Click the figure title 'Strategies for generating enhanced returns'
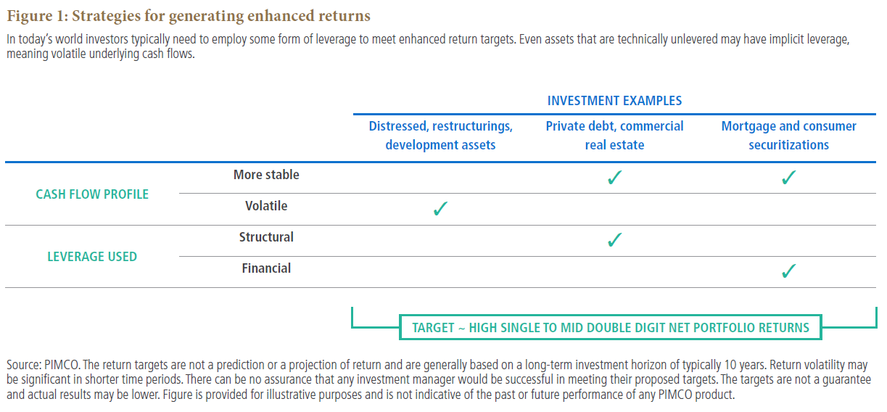point(221,16)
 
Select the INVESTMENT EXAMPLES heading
point(614,101)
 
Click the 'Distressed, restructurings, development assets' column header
point(440,136)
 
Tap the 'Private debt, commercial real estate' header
point(614,136)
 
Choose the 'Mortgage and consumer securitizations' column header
point(789,136)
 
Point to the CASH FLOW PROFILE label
point(92,194)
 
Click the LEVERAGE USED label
point(92,257)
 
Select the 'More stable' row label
point(266,175)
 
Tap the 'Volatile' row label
point(266,206)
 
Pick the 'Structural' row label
point(266,237)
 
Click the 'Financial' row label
point(266,268)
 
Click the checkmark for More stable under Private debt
point(614,178)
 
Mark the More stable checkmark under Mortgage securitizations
point(789,178)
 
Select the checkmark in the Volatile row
point(440,208)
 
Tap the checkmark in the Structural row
point(614,239)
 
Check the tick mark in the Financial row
point(789,271)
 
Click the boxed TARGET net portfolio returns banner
point(611,327)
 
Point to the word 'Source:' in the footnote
point(24,364)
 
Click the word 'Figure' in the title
point(30,16)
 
